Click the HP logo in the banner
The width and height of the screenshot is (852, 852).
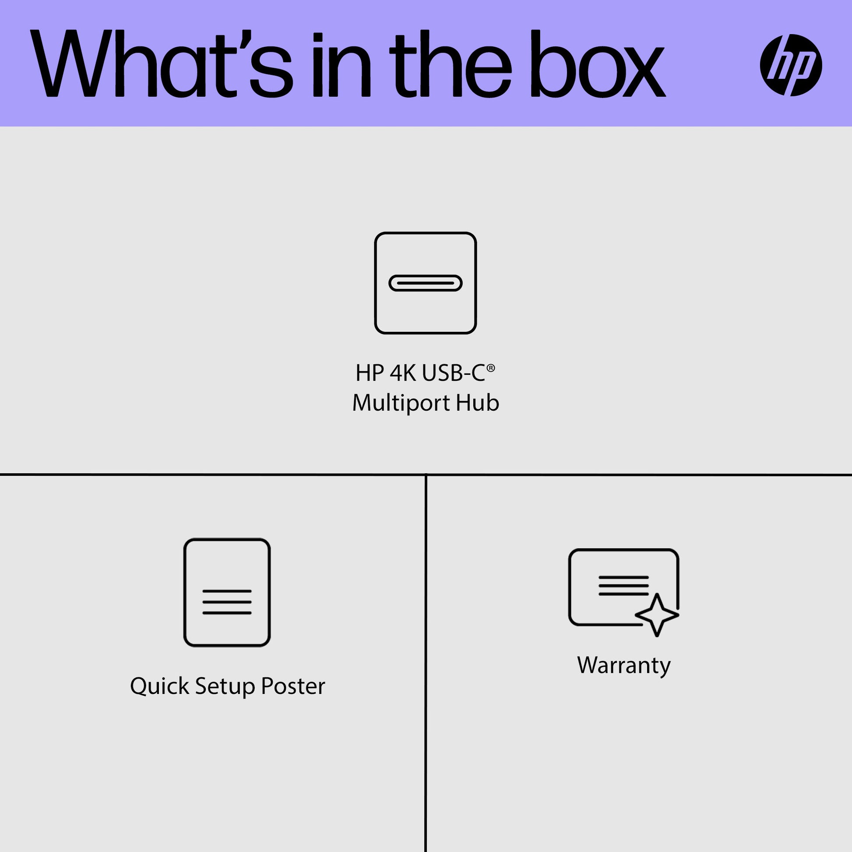point(791,65)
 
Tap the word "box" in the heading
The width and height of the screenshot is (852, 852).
point(598,63)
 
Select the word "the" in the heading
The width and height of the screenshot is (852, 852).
point(450,63)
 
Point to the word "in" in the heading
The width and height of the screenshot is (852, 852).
point(342,65)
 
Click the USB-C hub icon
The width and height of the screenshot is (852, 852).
point(426,283)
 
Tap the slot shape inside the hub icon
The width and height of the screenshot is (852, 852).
point(426,283)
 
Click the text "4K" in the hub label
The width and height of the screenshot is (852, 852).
point(403,373)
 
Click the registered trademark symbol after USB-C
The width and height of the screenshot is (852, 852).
point(491,368)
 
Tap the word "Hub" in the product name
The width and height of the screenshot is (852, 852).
point(478,403)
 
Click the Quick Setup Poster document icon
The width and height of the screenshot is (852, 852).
point(227,592)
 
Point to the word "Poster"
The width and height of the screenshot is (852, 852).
point(293,687)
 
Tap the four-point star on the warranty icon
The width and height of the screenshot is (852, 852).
point(657,615)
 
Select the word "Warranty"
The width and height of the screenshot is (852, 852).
point(623,665)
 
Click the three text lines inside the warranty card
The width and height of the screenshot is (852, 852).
point(623,586)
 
